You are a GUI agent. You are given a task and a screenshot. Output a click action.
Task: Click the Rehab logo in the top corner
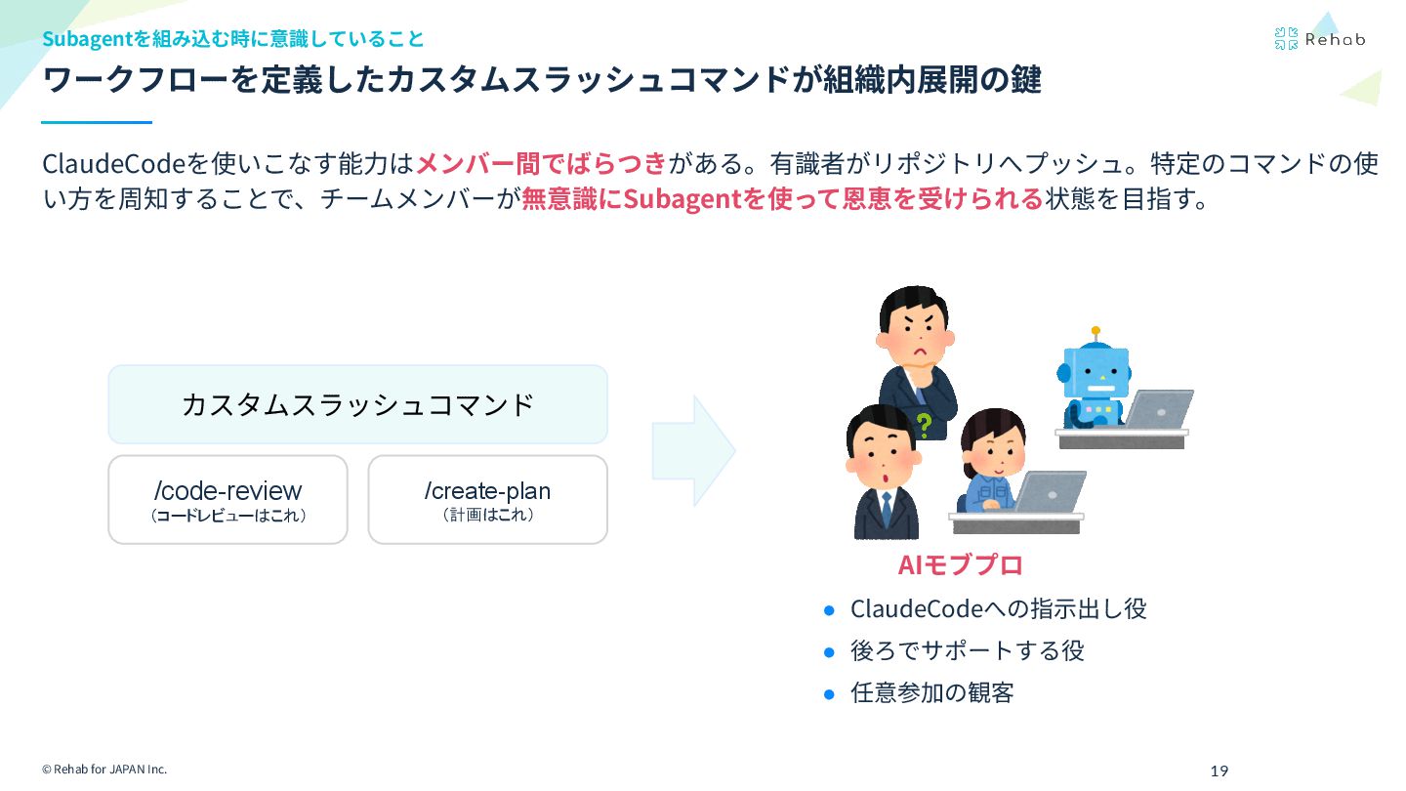point(1319,39)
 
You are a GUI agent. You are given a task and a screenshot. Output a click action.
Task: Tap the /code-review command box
point(227,499)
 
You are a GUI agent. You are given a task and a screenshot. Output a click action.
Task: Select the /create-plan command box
point(487,499)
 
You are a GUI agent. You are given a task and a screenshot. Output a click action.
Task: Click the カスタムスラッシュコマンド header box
point(357,404)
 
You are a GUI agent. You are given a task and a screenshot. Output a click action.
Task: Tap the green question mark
point(924,425)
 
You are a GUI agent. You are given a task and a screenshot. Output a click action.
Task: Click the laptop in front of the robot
point(1158,409)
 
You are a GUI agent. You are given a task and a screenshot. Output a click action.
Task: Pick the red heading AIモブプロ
point(960,565)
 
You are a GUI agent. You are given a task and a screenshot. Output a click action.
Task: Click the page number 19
point(1219,771)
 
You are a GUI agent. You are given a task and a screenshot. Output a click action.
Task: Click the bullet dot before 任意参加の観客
point(830,694)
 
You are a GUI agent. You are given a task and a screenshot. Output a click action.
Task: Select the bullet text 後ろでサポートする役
point(967,650)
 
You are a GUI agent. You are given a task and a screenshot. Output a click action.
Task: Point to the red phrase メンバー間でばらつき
point(541,162)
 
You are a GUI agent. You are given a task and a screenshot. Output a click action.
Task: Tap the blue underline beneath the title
point(97,122)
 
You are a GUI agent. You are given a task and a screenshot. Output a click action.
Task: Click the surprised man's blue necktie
point(885,508)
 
